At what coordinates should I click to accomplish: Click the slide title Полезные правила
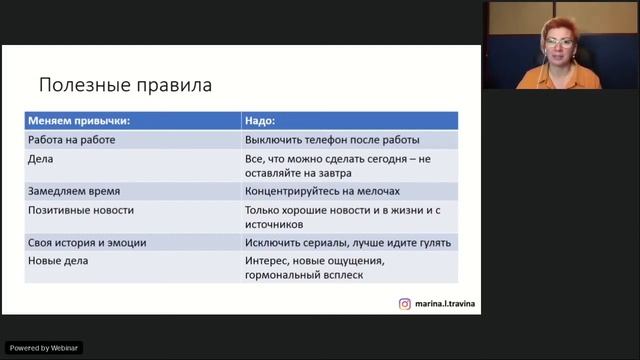125,85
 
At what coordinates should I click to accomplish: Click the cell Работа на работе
71,140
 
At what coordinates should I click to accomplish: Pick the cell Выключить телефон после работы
331,140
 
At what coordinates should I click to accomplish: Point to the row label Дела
41,158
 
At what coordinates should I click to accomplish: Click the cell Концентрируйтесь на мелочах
322,190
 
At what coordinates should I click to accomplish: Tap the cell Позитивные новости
81,210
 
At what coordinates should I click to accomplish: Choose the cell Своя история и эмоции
88,242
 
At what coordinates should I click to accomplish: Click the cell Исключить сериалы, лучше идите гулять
347,242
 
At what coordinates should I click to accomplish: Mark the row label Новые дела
59,261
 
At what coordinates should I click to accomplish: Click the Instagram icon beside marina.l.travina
405,304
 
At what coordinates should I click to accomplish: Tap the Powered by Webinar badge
43,347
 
